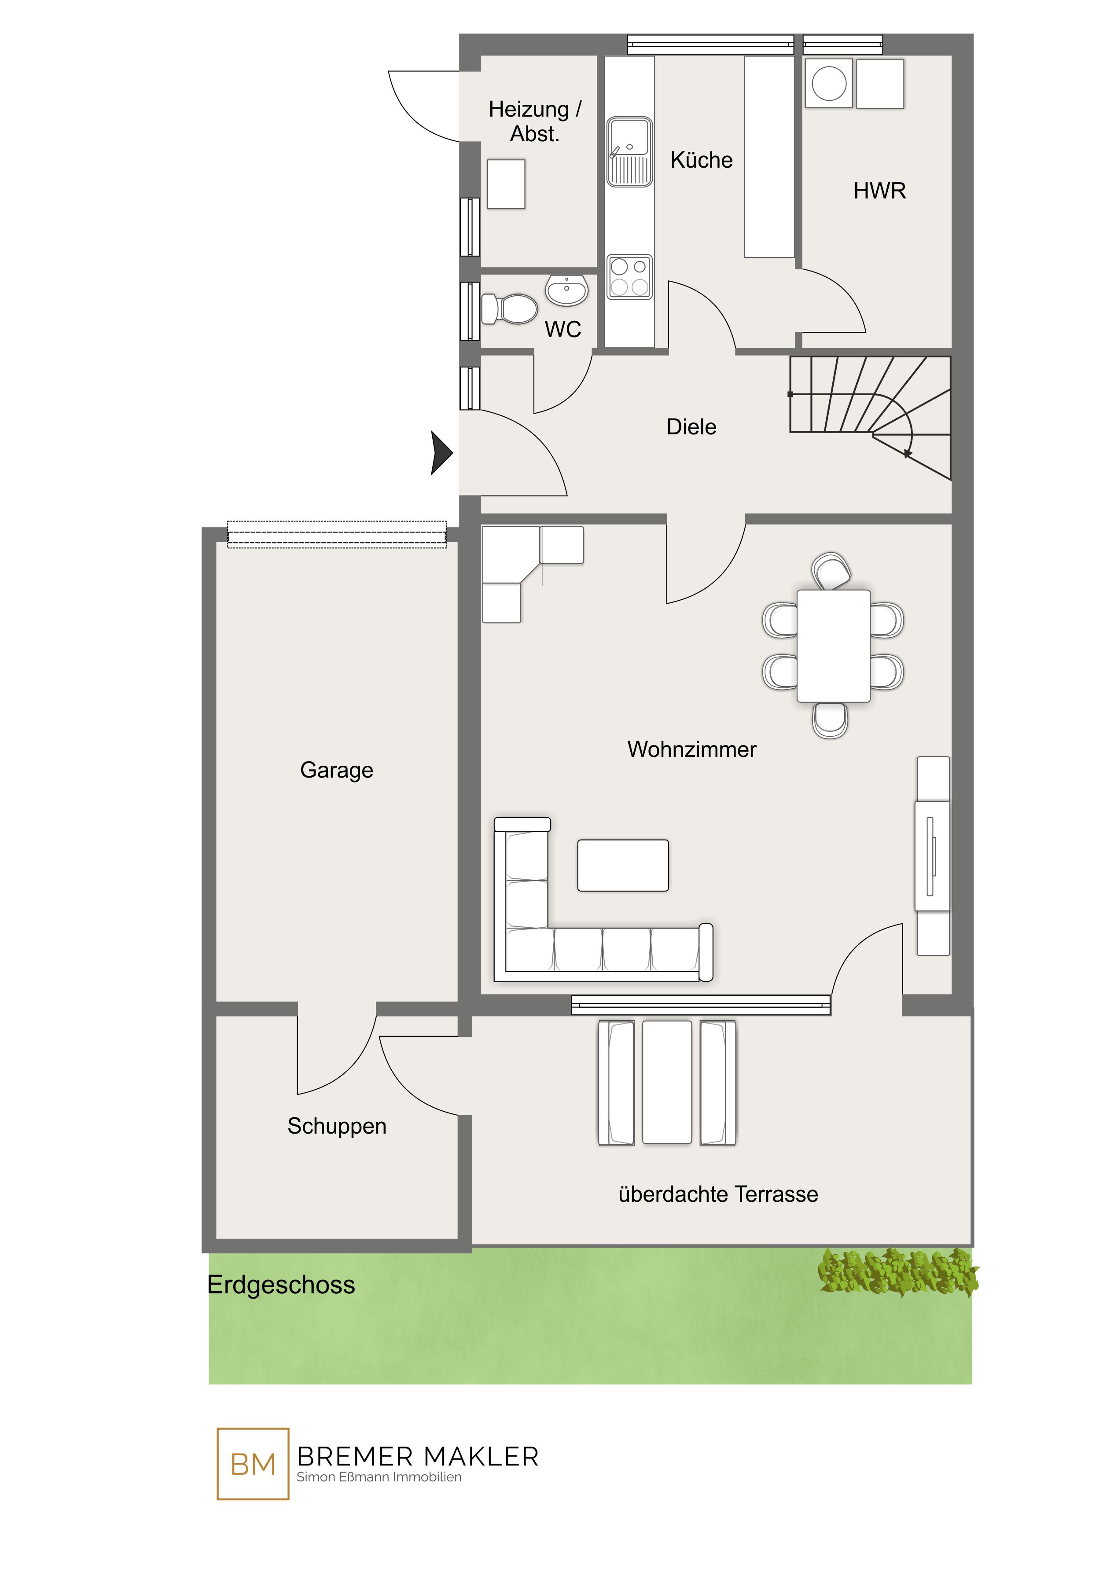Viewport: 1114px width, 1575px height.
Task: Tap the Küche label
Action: (x=701, y=160)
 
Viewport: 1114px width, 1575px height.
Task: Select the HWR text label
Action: (x=879, y=191)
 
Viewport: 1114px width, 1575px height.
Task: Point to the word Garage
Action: (x=336, y=771)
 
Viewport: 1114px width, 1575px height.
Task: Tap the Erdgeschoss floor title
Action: (x=281, y=1285)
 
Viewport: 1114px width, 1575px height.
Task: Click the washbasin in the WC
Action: (x=566, y=290)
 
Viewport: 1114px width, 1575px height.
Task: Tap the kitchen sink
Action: (x=629, y=151)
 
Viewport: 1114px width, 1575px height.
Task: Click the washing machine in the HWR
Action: (x=829, y=84)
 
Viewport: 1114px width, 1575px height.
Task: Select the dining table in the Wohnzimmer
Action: (x=834, y=646)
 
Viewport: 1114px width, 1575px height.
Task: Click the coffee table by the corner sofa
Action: (x=623, y=865)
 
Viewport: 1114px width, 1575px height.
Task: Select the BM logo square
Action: (x=253, y=1464)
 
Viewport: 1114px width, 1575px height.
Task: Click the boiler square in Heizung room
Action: (x=506, y=184)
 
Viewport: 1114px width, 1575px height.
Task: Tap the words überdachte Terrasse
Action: (x=718, y=1194)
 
